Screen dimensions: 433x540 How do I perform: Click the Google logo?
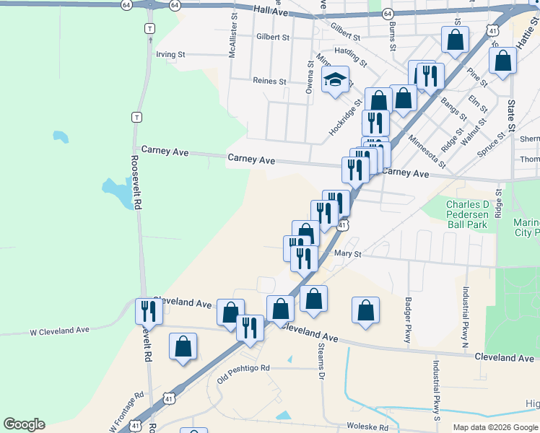[24, 424]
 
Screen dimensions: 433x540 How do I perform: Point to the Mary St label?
[347, 254]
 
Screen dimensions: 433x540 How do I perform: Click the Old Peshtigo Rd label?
[243, 368]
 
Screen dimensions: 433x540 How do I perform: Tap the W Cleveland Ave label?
[59, 330]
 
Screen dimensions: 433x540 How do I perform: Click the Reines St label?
[270, 82]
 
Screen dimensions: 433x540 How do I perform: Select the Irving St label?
[171, 54]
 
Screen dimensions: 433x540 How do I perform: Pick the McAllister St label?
[233, 34]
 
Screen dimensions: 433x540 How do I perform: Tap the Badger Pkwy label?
[408, 318]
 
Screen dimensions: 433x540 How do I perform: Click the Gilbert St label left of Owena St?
[272, 37]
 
